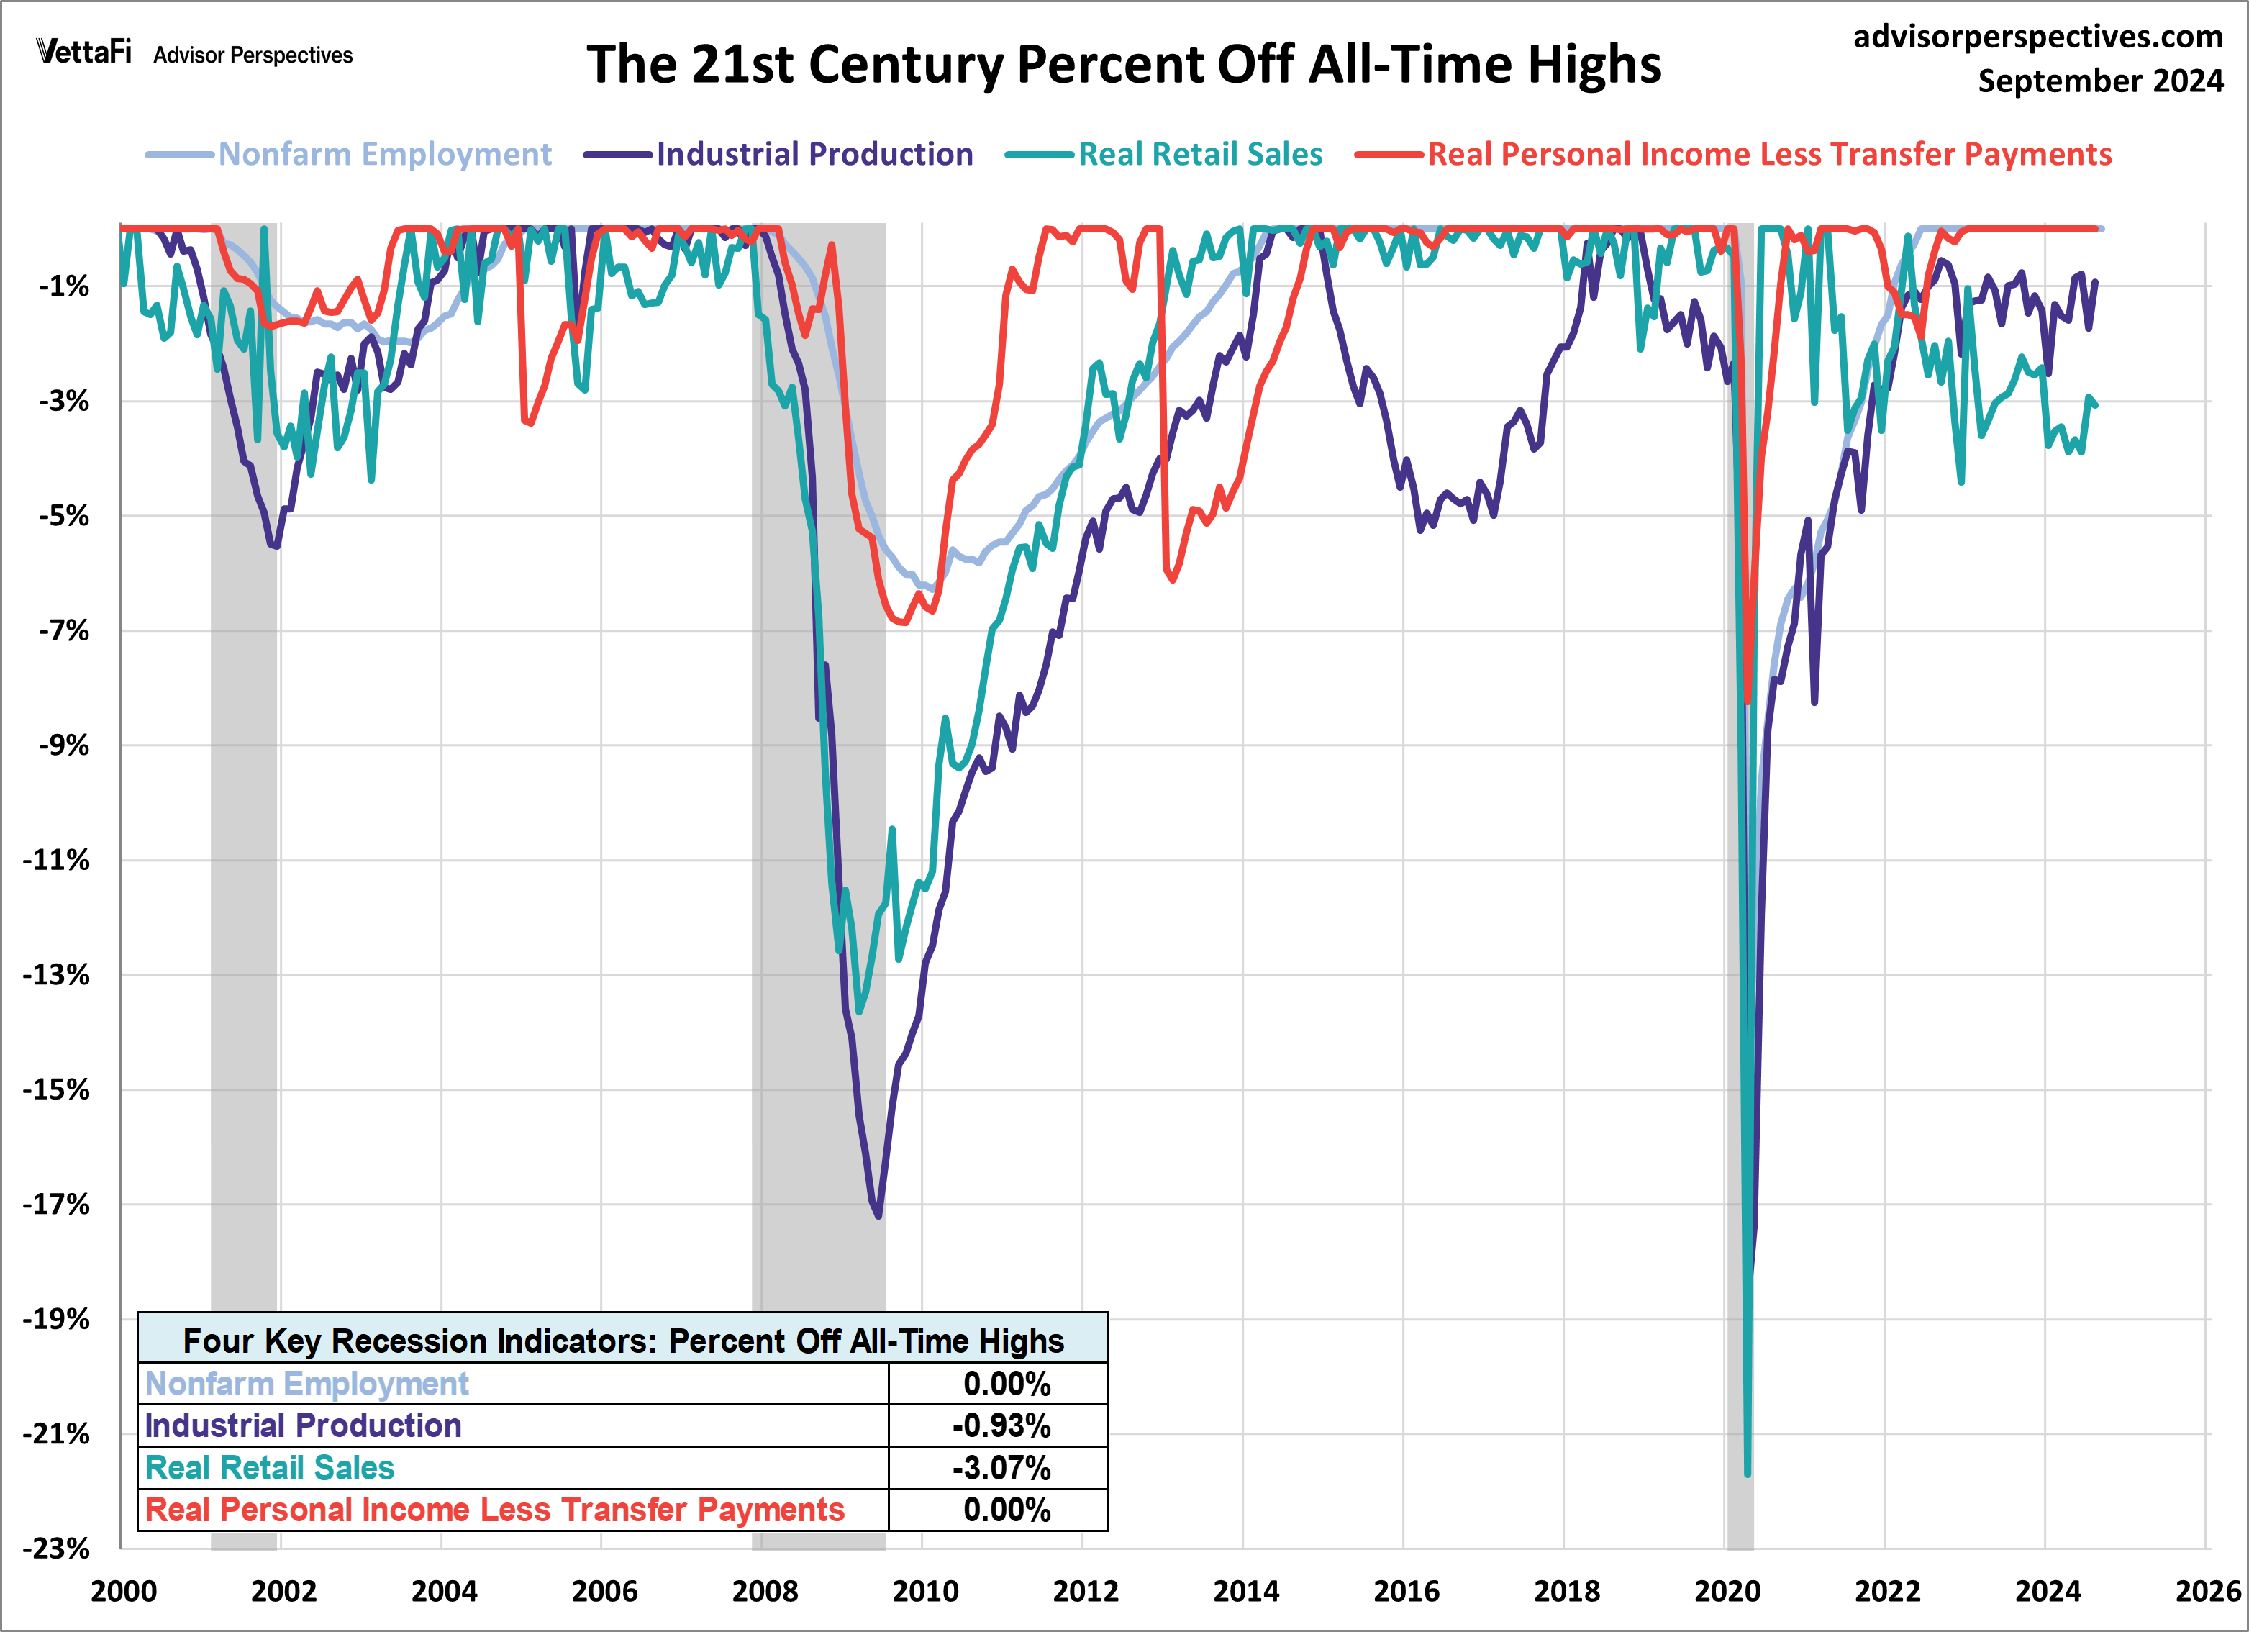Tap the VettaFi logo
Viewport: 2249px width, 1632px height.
coord(83,52)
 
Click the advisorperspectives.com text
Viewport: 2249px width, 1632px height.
coord(2037,37)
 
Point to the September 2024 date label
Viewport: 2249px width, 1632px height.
coord(2099,81)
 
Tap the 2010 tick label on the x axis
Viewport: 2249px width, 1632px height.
coord(924,1591)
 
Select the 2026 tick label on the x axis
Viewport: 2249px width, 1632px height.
coord(2207,1591)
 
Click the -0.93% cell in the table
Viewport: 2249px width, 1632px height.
coord(999,1425)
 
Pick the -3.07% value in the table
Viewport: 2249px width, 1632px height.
coord(999,1469)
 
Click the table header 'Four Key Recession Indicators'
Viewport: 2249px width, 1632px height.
coord(623,1341)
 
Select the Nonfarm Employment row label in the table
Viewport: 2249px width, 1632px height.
coord(306,1384)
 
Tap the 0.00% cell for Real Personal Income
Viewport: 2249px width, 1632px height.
coord(1006,1510)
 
